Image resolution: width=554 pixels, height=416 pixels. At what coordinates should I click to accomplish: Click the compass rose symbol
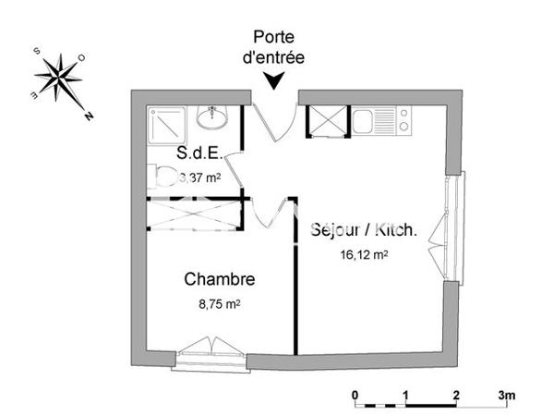61,78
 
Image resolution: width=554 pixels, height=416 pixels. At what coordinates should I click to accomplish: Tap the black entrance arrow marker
275,80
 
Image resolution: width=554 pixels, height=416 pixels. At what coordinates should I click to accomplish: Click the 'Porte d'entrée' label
278,47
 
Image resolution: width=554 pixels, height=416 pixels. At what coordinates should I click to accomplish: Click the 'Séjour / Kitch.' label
364,230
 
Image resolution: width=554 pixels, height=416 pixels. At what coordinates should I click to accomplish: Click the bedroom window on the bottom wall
211,355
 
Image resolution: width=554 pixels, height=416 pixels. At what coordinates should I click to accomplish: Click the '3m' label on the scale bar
507,395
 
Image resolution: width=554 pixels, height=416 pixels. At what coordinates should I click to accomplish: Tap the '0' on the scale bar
355,395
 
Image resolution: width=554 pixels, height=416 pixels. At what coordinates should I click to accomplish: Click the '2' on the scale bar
456,395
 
